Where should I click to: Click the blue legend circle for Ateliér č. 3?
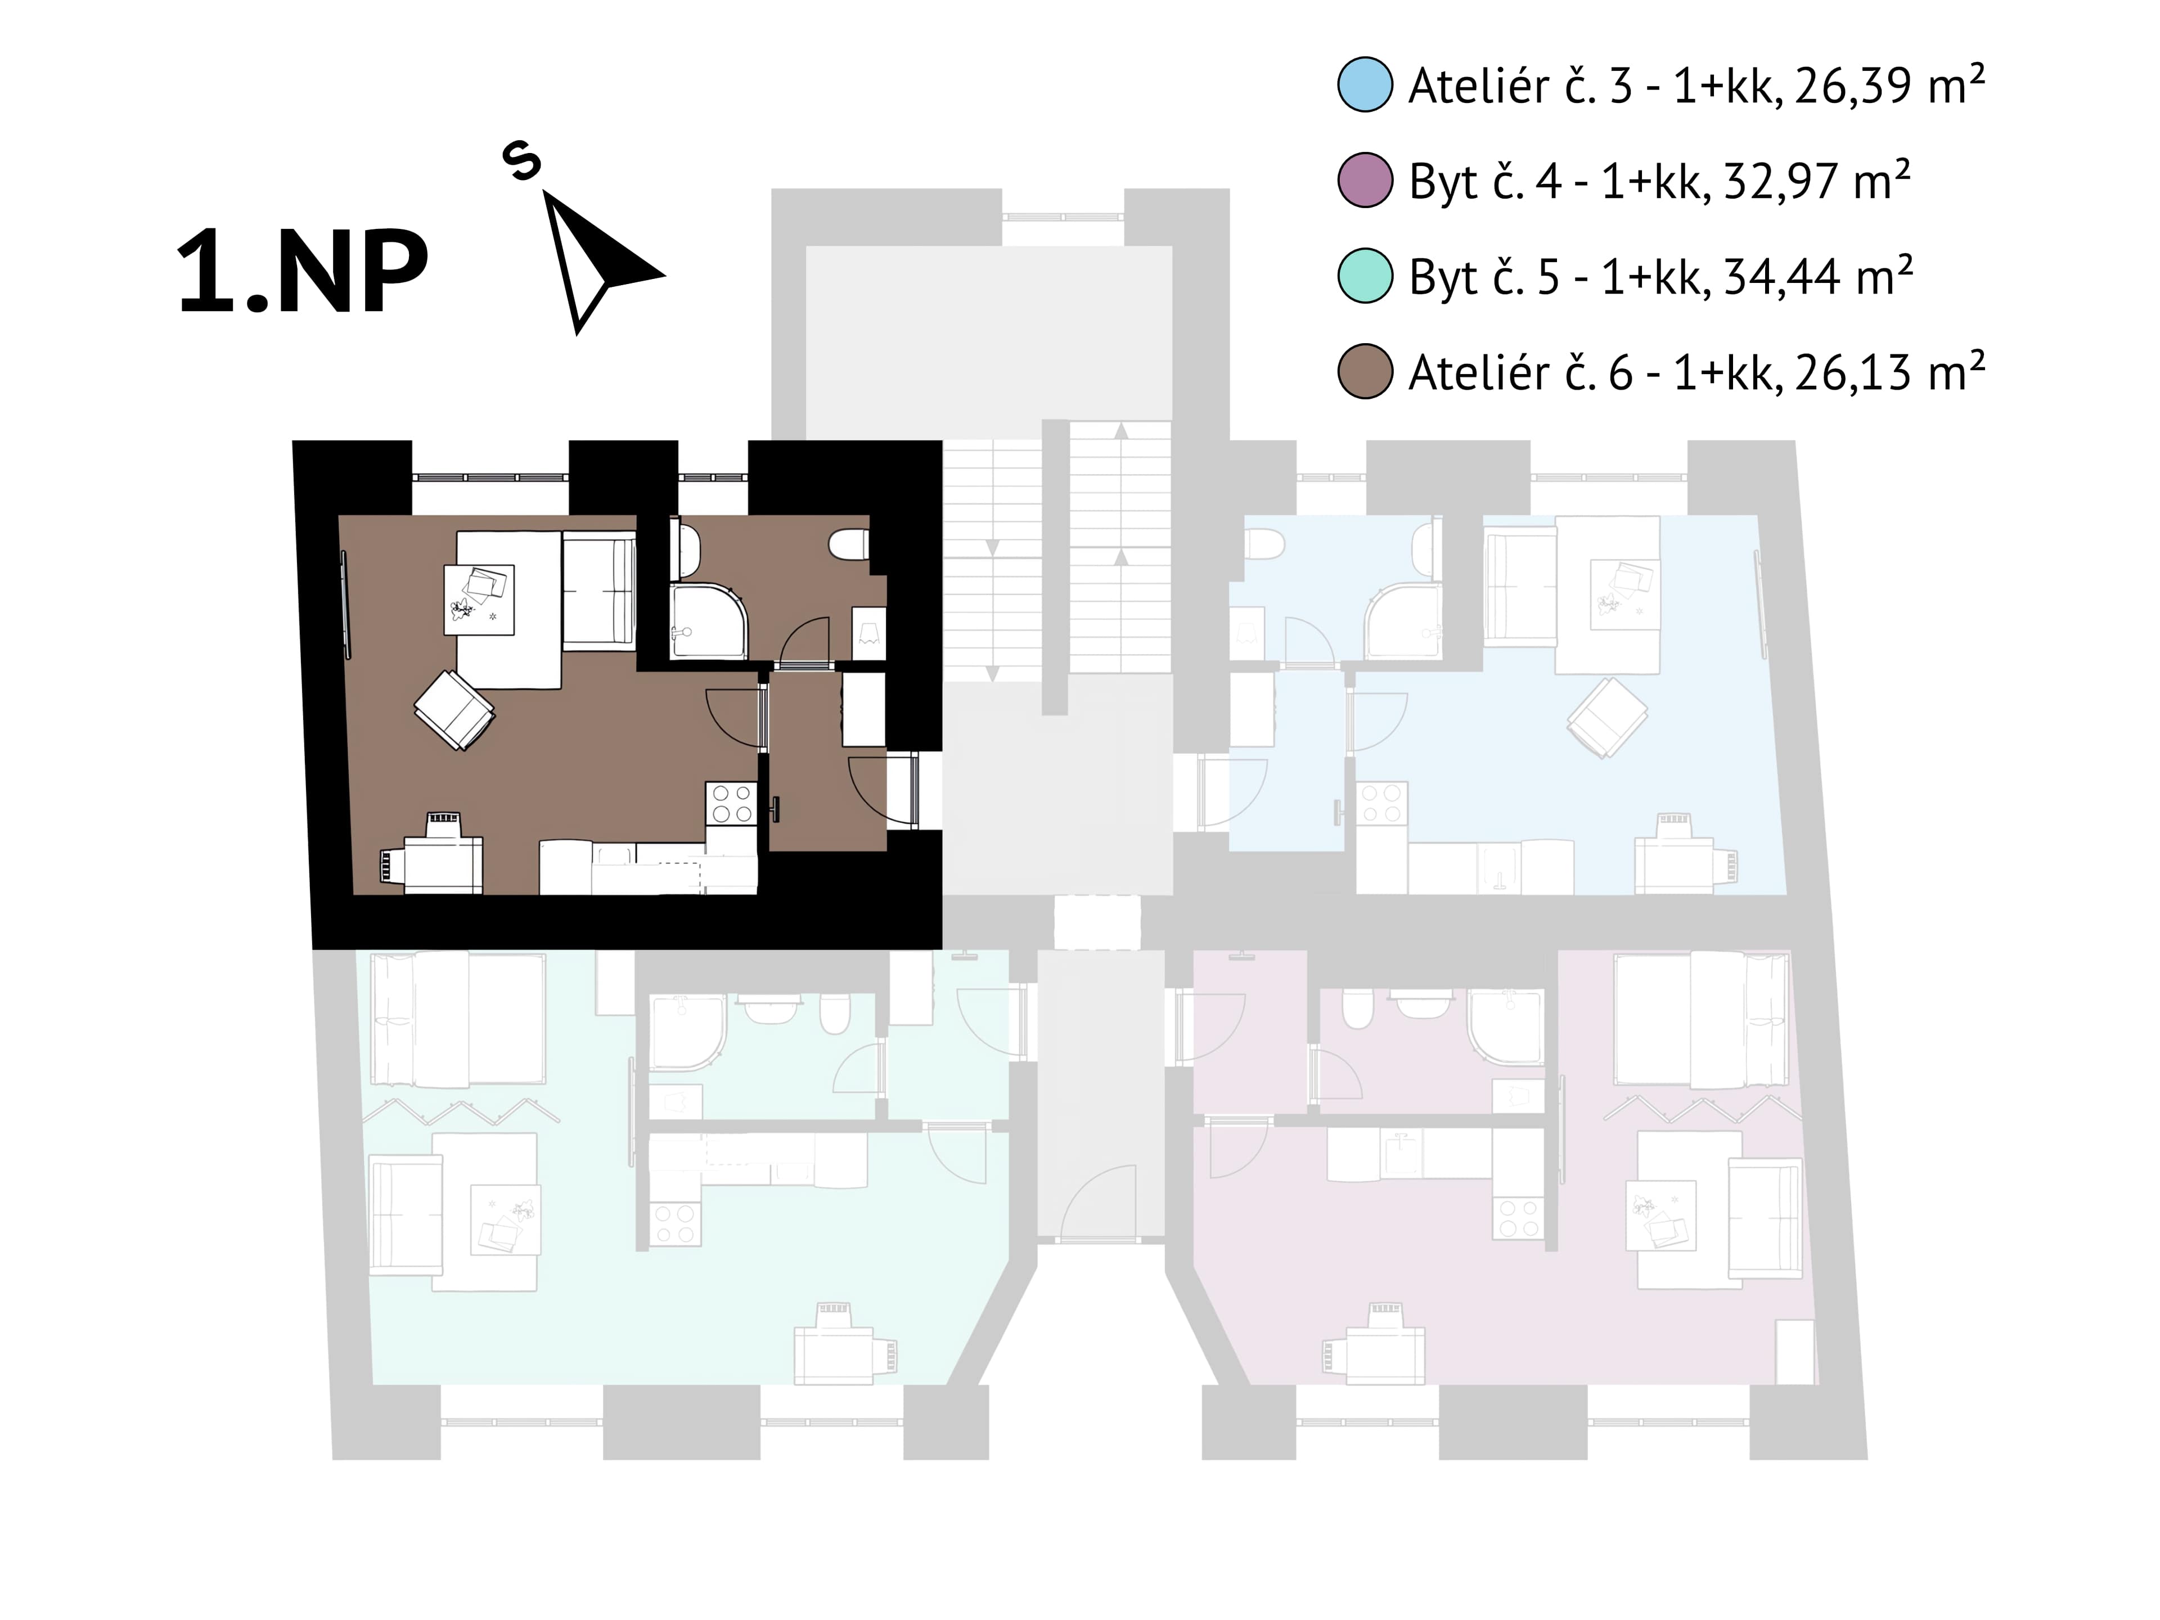pos(1364,85)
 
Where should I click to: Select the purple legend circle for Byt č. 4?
pos(1364,179)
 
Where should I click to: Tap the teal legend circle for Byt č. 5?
pos(1364,276)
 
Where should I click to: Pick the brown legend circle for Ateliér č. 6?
pos(1364,371)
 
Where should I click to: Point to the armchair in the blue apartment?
pos(1607,718)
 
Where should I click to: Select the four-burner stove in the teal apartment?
pos(676,1222)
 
